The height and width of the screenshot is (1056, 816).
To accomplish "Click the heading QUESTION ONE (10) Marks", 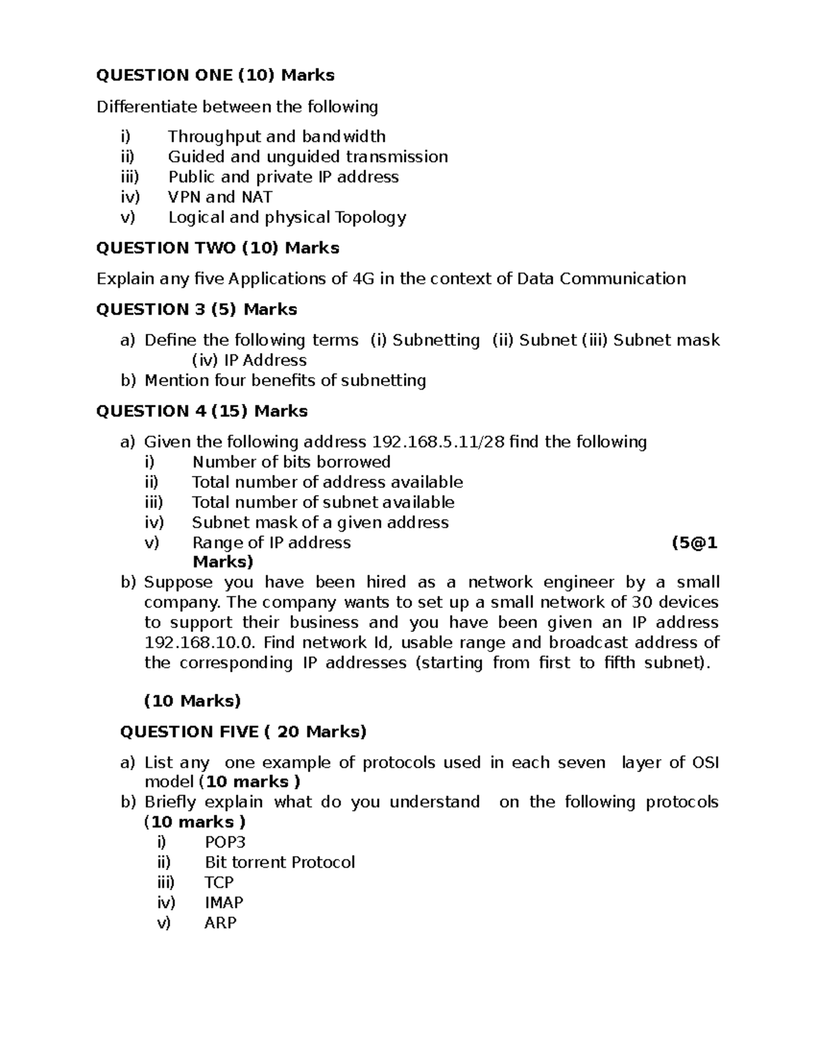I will [215, 75].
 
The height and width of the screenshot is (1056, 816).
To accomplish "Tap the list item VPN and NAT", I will [220, 197].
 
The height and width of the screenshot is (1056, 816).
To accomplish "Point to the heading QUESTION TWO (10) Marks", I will [218, 248].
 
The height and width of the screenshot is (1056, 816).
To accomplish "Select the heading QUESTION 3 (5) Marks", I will [197, 309].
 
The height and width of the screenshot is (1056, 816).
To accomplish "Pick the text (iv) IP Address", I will [250, 360].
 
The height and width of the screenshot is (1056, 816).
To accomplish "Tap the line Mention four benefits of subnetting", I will [285, 380].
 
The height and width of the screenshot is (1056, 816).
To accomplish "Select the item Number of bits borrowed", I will [291, 462].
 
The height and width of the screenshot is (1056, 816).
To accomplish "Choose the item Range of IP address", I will [271, 543].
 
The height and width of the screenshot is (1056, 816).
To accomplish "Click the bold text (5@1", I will [694, 543].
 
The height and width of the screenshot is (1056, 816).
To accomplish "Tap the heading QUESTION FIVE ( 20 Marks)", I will [243, 732].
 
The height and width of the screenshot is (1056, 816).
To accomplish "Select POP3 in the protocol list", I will [225, 842].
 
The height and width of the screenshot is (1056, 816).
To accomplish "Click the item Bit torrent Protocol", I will [279, 862].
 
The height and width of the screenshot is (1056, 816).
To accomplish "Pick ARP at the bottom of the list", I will [220, 923].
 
